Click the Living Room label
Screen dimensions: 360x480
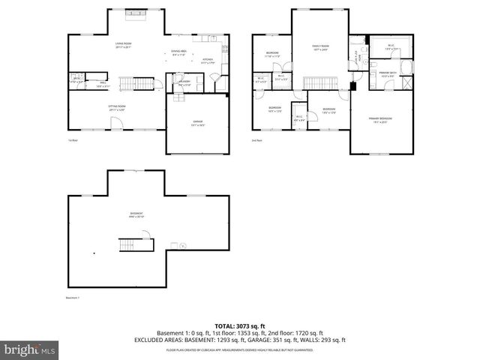pos(124,44)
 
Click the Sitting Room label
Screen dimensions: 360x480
pos(117,108)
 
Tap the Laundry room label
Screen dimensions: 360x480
pos(184,84)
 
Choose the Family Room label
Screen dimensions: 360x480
pos(321,48)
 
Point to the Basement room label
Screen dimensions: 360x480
pos(136,215)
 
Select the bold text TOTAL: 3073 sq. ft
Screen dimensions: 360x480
pos(240,326)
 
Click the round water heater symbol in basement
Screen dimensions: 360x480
pos(182,244)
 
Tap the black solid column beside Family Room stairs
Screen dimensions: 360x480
pos(352,84)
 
